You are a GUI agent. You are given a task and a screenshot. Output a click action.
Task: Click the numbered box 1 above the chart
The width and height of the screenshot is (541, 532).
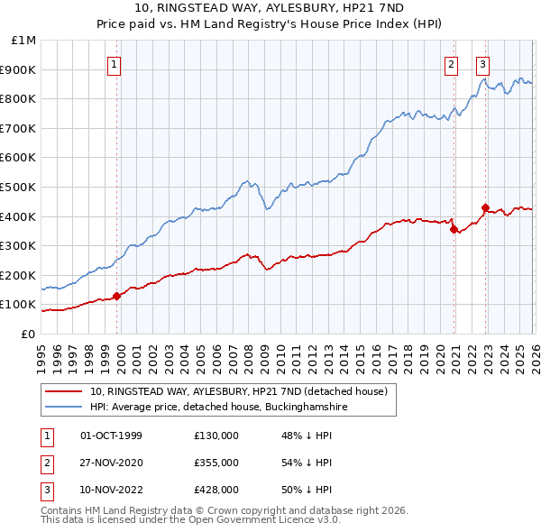pyautogui.click(x=115, y=64)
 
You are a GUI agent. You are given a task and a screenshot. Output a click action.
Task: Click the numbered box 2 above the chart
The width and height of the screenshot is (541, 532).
pyautogui.click(x=451, y=64)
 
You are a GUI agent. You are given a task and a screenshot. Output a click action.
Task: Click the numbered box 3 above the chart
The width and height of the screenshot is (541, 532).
pyautogui.click(x=483, y=64)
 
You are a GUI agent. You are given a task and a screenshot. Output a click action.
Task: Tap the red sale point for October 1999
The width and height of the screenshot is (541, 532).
pyautogui.click(x=116, y=296)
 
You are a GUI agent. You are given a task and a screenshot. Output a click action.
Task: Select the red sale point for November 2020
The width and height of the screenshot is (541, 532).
pyautogui.click(x=454, y=229)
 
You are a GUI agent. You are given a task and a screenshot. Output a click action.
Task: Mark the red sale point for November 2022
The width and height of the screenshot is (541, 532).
pyautogui.click(x=485, y=207)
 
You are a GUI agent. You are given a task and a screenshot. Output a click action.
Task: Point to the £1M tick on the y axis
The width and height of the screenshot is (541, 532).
pyautogui.click(x=24, y=41)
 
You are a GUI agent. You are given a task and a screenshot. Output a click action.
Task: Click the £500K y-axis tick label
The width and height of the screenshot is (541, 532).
pyautogui.click(x=19, y=188)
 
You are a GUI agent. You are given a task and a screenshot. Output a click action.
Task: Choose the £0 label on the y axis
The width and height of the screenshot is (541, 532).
pyautogui.click(x=28, y=334)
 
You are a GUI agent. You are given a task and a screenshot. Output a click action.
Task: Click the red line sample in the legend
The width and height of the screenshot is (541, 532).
pyautogui.click(x=65, y=392)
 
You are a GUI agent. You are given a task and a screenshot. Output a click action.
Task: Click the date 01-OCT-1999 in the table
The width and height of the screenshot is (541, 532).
pyautogui.click(x=111, y=436)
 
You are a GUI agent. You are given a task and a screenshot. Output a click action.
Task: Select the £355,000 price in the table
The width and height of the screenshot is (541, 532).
pyautogui.click(x=215, y=463)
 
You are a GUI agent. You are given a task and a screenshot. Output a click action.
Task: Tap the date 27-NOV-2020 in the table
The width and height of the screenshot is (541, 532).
pyautogui.click(x=112, y=463)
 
